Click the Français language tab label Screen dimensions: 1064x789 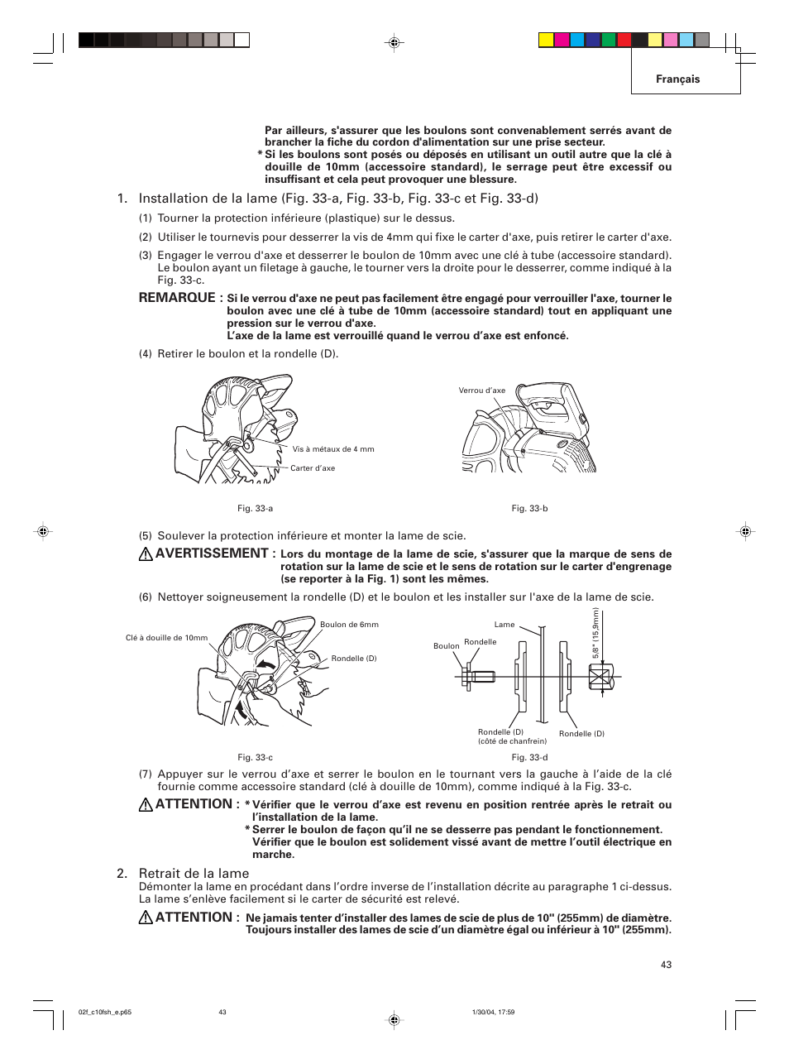(x=677, y=79)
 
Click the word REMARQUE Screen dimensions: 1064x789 (x=177, y=297)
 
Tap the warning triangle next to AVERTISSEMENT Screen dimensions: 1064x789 (x=146, y=554)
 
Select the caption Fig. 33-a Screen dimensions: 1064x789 (x=255, y=508)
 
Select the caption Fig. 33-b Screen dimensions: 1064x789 (x=529, y=508)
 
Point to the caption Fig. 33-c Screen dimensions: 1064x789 (x=255, y=757)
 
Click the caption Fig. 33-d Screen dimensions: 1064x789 (x=529, y=757)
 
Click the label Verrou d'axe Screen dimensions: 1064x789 (x=481, y=391)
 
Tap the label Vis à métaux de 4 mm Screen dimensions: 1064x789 (x=333, y=449)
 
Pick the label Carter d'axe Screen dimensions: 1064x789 (x=313, y=468)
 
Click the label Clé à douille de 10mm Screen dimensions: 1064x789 (x=166, y=638)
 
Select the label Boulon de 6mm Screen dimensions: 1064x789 (x=349, y=625)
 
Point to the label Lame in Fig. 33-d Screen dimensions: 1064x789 (x=504, y=625)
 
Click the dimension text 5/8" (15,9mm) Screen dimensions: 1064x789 (x=595, y=634)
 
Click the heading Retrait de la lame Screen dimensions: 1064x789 (x=194, y=873)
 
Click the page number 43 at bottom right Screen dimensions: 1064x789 (x=666, y=965)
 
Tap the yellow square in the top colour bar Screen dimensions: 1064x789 (x=546, y=40)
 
